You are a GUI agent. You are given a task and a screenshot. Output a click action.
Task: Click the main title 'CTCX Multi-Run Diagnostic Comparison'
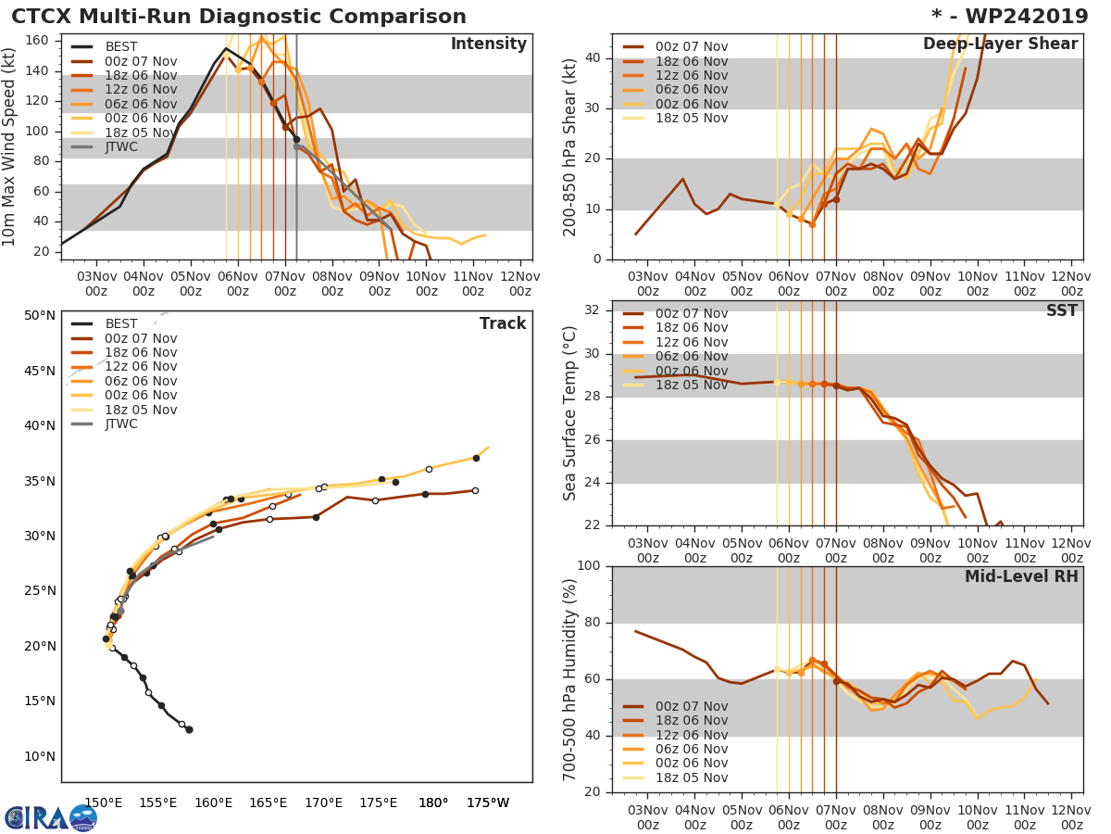[239, 17]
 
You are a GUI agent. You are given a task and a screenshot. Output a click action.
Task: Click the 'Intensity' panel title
[488, 44]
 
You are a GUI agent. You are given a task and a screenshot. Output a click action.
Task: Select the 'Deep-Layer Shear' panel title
[1000, 44]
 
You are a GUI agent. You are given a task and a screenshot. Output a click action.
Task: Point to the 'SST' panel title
[1062, 311]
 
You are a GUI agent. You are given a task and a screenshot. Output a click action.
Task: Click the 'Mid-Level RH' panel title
[1021, 576]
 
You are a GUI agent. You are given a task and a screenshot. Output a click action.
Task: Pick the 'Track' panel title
[503, 323]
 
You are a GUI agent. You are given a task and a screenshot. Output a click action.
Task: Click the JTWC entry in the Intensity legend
[120, 146]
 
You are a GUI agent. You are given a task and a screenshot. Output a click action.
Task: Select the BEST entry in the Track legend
[120, 324]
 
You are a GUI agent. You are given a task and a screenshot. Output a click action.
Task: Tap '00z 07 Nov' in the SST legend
[691, 314]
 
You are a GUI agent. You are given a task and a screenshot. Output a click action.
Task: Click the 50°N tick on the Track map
[39, 316]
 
